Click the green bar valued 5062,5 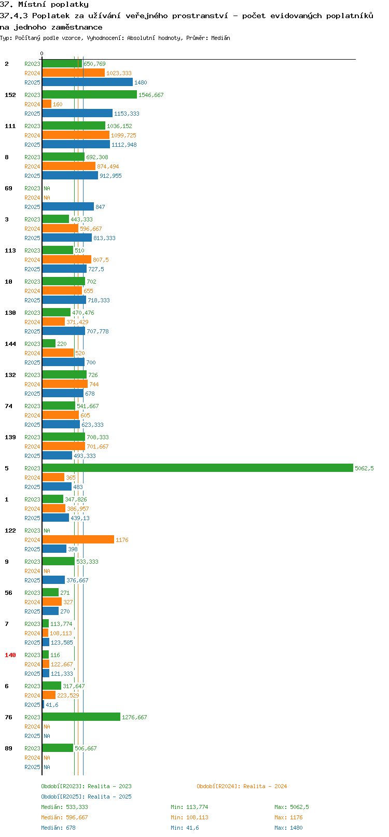(198, 468)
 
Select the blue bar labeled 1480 (88, 82)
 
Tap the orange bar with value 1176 (78, 539)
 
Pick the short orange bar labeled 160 (47, 104)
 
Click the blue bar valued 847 (68, 206)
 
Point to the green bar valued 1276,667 (81, 717)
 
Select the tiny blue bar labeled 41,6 (43, 704)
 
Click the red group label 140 (10, 655)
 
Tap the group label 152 (10, 95)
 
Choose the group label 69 (8, 188)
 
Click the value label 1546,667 (151, 95)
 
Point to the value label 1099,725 (123, 135)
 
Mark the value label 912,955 (110, 176)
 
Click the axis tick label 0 (41, 53)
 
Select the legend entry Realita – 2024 (242, 786)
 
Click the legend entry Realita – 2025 (86, 797)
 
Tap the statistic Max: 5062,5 (291, 807)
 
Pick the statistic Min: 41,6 (185, 828)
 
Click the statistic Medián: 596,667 (65, 818)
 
